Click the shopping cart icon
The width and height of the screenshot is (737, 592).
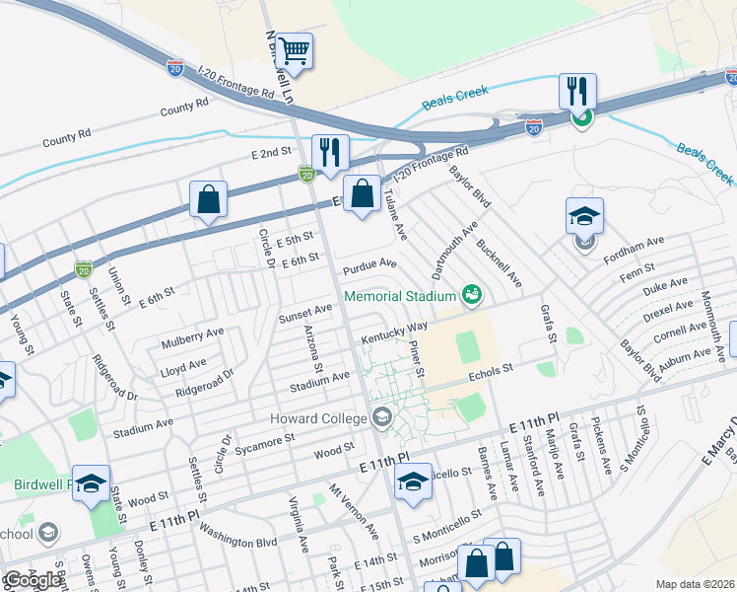click(x=294, y=50)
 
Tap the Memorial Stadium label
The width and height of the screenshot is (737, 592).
click(x=398, y=295)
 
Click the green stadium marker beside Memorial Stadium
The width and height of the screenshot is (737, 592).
click(x=472, y=295)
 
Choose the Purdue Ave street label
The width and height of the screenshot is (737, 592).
click(x=369, y=265)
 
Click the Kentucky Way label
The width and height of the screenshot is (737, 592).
click(x=393, y=331)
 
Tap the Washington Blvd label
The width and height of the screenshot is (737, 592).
click(x=237, y=542)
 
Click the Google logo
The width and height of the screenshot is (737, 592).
click(x=33, y=580)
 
